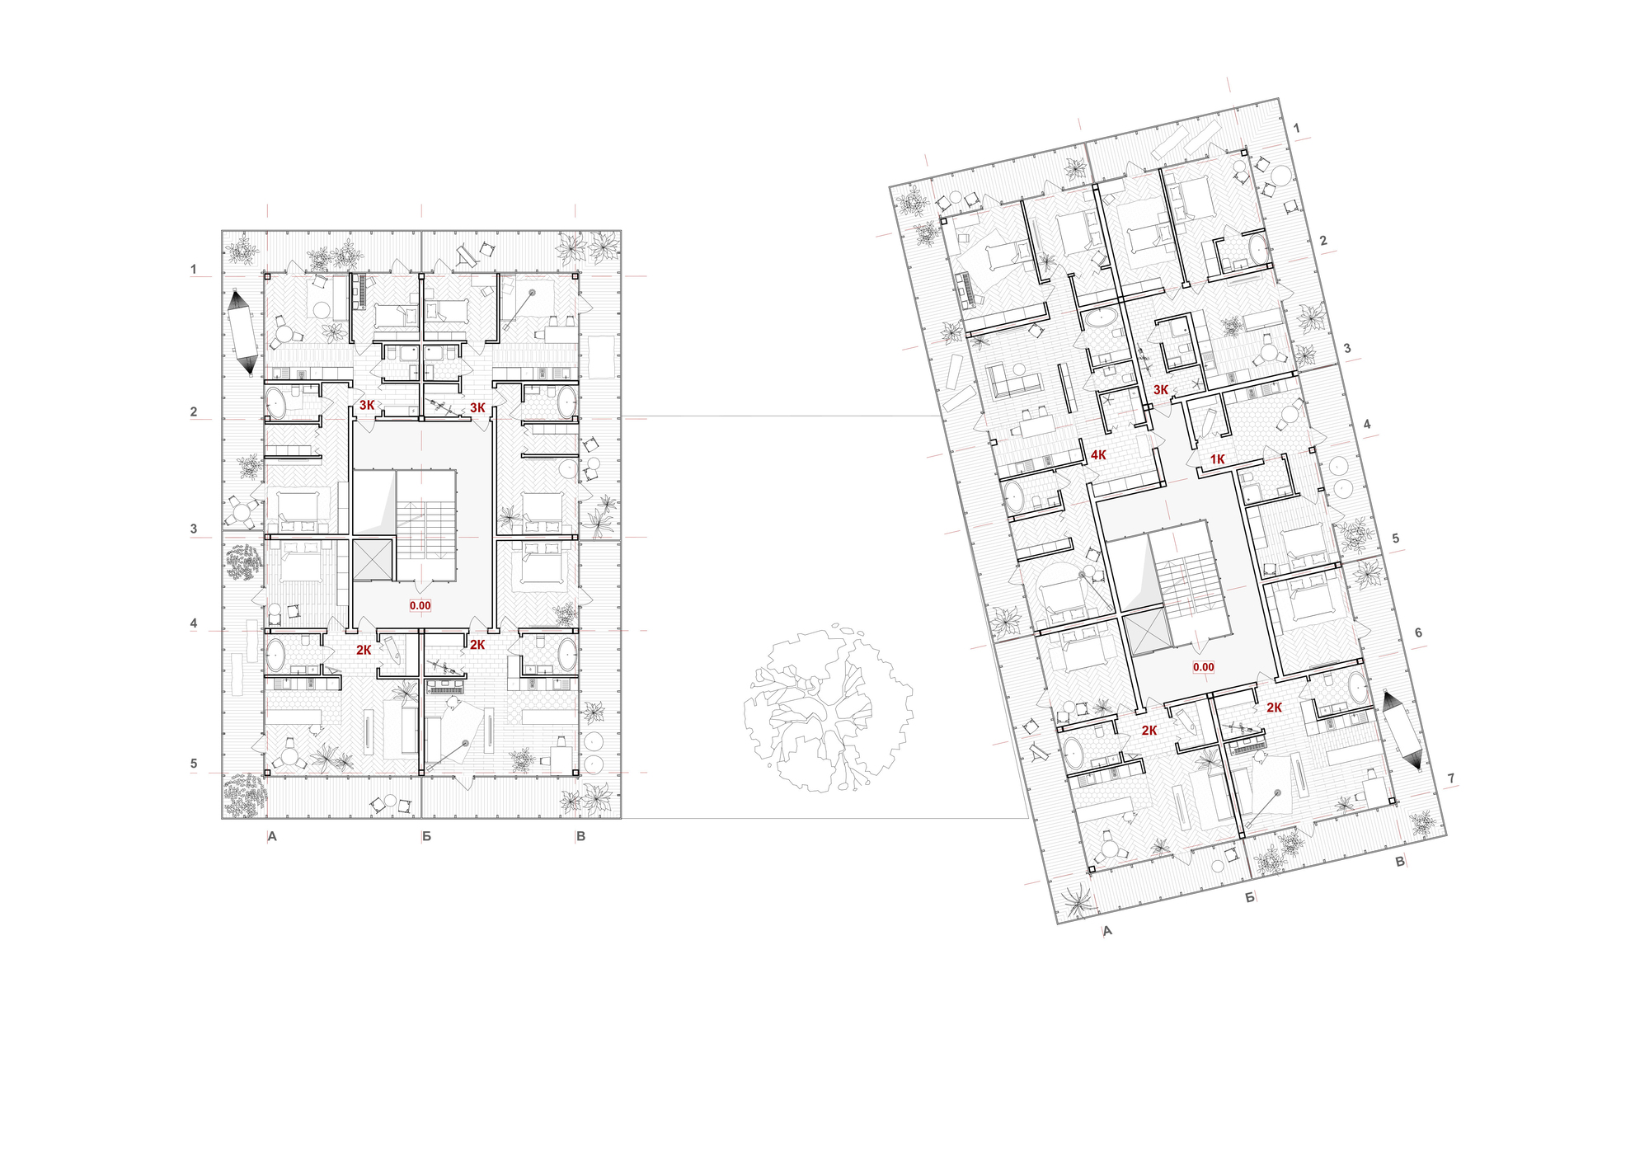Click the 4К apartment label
(x=1098, y=455)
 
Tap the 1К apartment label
(x=1218, y=459)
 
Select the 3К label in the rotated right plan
(x=1161, y=390)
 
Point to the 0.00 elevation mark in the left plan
(x=420, y=605)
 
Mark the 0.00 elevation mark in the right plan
(x=1203, y=667)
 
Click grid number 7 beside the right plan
(x=1451, y=778)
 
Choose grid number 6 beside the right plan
(x=1418, y=632)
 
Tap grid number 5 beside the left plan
(x=194, y=764)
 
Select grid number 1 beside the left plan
(x=194, y=269)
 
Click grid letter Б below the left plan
(x=426, y=837)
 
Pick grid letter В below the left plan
(x=580, y=837)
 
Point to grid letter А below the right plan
(x=1107, y=930)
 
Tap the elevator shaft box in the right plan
(x=1147, y=633)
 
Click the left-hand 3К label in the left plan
(x=367, y=406)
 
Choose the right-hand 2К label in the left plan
(x=477, y=645)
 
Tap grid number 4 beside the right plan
(x=1366, y=424)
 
